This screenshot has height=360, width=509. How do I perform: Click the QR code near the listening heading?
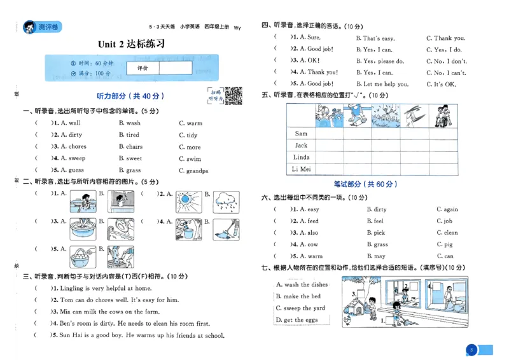233,95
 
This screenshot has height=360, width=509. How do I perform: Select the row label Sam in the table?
301,134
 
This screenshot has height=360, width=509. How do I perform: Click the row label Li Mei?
301,169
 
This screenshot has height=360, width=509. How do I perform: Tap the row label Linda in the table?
301,157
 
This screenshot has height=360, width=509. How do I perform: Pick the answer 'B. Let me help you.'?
382,84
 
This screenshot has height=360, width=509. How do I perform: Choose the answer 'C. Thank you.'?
445,38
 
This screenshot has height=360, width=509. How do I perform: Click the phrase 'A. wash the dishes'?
302,284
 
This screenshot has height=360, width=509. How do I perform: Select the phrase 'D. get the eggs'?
297,320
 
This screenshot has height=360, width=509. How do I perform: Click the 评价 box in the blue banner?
143,67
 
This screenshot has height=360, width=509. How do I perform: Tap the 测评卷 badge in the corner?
41,27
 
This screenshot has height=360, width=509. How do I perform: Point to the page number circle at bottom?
471,349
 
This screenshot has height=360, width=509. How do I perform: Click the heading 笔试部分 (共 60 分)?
366,184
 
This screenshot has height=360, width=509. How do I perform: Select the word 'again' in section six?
450,209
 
